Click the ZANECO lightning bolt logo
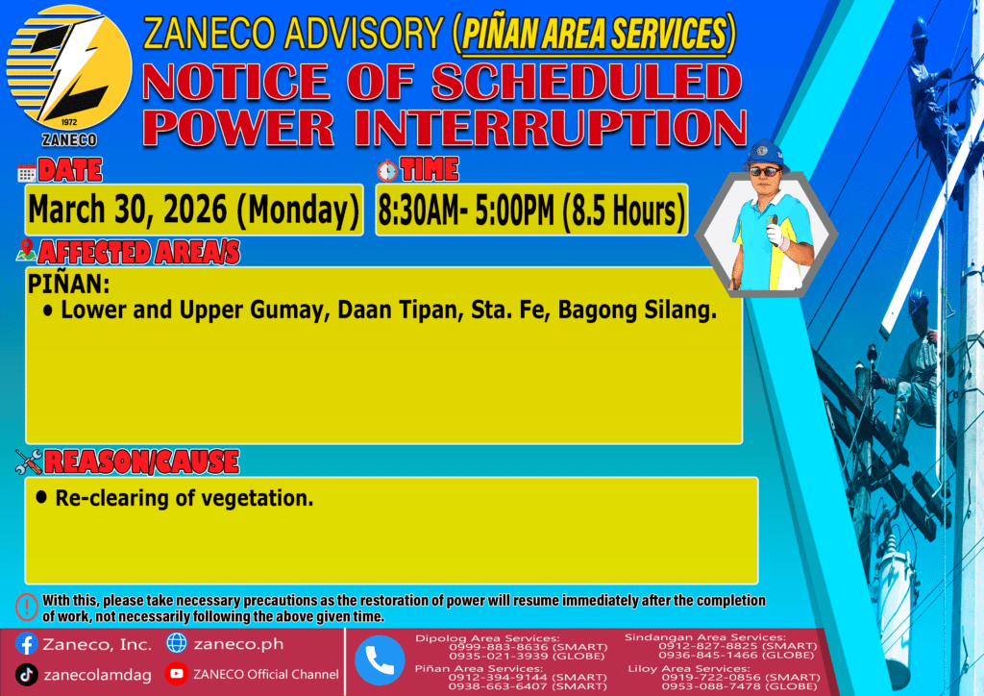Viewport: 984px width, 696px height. (69, 68)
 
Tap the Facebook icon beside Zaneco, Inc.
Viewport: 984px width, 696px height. (26, 644)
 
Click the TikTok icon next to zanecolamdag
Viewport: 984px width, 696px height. (26, 675)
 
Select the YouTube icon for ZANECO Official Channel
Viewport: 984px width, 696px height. (177, 673)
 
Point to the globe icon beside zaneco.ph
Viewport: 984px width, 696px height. (177, 643)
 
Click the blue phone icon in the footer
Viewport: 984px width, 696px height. (380, 660)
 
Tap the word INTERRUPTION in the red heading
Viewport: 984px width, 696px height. (551, 128)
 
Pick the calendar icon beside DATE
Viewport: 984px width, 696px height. (27, 173)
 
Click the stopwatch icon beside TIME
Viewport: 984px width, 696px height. (387, 171)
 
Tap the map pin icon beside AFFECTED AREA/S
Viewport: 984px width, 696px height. (26, 250)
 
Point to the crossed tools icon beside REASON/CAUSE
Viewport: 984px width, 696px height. (29, 461)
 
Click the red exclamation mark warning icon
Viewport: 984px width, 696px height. (27, 608)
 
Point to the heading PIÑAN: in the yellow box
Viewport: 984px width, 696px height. (68, 285)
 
